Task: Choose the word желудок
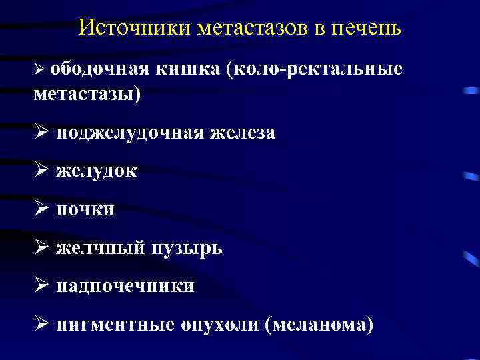click(x=97, y=171)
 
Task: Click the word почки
click(x=85, y=209)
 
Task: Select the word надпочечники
click(x=125, y=286)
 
